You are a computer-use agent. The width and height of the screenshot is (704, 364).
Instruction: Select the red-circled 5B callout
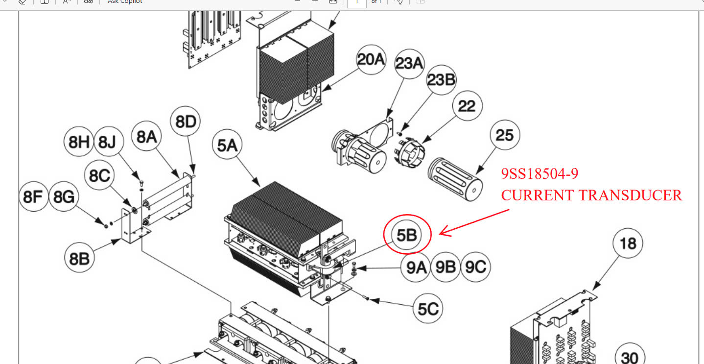pos(407,236)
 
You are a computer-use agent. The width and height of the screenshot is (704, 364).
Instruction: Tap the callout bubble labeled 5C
pos(428,309)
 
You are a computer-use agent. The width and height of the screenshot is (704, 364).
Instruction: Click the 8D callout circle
pos(186,122)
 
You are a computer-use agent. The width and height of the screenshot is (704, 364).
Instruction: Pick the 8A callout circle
pos(147,137)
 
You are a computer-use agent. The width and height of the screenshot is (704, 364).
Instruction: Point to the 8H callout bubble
pos(79,142)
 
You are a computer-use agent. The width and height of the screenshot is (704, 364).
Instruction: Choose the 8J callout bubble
pos(107,142)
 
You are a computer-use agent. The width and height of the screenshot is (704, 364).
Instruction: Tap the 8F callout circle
pos(34,197)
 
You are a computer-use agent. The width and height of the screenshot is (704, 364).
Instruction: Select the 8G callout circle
pos(64,197)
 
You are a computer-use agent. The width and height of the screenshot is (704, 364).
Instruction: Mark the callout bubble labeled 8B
pos(79,258)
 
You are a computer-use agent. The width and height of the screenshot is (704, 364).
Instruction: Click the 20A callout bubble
pos(371,60)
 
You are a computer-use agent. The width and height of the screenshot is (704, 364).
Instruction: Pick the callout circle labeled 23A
pos(409,64)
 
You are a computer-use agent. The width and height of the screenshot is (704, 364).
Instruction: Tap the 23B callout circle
pos(442,79)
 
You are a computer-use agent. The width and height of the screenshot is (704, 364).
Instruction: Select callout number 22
pos(467,106)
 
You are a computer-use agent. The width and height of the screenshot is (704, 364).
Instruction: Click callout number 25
pos(505,135)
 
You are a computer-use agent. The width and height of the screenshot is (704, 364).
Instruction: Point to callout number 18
pos(628,243)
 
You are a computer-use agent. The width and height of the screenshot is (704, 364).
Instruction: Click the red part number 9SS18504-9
pos(540,174)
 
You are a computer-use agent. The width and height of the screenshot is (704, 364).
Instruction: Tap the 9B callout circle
pos(446,267)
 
